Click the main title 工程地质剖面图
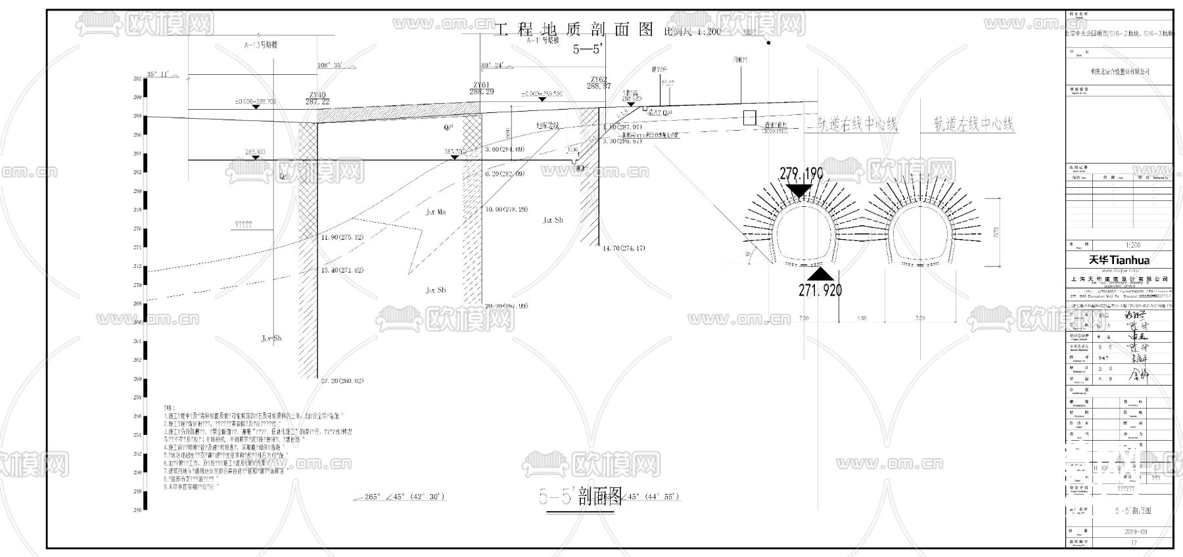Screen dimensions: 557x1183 574,30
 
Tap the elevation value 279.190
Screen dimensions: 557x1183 801,175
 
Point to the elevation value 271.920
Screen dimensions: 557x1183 820,289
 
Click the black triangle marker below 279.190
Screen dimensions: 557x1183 799,190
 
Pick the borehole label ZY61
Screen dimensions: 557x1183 481,85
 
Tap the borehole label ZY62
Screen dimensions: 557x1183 598,79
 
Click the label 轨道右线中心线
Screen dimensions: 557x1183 857,124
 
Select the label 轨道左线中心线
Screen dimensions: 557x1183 974,124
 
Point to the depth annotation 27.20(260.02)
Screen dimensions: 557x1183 342,381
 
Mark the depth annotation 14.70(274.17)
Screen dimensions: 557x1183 624,248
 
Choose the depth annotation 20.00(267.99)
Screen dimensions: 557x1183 505,305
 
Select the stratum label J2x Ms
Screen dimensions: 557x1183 435,212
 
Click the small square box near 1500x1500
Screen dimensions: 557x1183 749,118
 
